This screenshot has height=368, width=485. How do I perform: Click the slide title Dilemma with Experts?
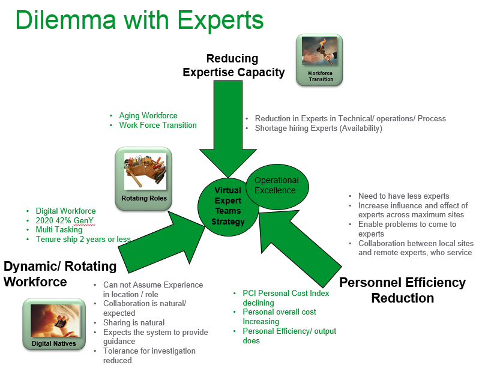pyautogui.click(x=139, y=20)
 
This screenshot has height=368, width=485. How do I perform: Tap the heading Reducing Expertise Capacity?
pyautogui.click(x=233, y=65)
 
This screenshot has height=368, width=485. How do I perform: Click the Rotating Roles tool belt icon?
pyautogui.click(x=143, y=179)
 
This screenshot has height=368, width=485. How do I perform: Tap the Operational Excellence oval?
pyautogui.click(x=276, y=185)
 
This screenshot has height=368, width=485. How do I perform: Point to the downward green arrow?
pyautogui.click(x=227, y=133)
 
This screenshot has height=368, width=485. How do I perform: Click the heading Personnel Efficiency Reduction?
pyautogui.click(x=402, y=290)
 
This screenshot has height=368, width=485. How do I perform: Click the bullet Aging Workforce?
pyautogui.click(x=148, y=115)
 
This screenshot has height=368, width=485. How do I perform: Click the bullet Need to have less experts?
pyautogui.click(x=403, y=196)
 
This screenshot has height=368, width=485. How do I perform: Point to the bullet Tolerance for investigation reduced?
pyautogui.click(x=149, y=355)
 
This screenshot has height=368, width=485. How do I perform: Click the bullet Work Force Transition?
pyautogui.click(x=158, y=125)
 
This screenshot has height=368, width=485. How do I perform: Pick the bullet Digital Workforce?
pyautogui.click(x=65, y=211)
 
